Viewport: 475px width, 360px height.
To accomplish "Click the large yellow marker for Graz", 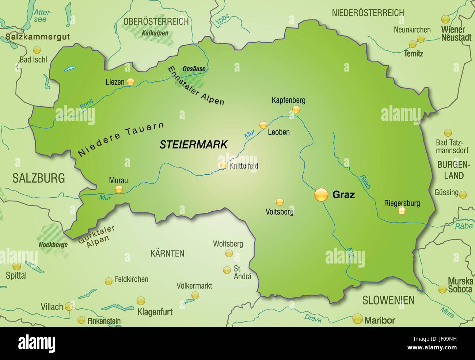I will coord(322,194).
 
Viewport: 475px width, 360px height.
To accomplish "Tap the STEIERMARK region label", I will coord(193,144).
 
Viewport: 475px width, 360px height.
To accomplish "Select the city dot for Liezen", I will coord(130,82).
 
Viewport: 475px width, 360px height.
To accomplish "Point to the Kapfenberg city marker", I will coord(296,109).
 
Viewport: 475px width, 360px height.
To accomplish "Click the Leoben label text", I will coord(278,132).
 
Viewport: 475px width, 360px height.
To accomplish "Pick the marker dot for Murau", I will coord(119,189).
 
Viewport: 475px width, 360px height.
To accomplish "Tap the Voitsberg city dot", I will coord(280,202).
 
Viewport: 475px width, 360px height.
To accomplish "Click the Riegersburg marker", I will coord(402,211).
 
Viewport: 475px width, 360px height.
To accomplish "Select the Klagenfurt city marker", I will coord(140,301).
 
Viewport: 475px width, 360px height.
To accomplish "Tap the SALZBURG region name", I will coord(38,178).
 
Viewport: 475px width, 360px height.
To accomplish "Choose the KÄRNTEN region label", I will coord(167,253).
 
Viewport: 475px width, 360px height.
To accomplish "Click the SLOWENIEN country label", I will coord(388,300).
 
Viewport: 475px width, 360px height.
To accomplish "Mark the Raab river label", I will coord(365,181).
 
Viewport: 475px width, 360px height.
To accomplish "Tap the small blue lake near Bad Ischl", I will coord(69,68).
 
